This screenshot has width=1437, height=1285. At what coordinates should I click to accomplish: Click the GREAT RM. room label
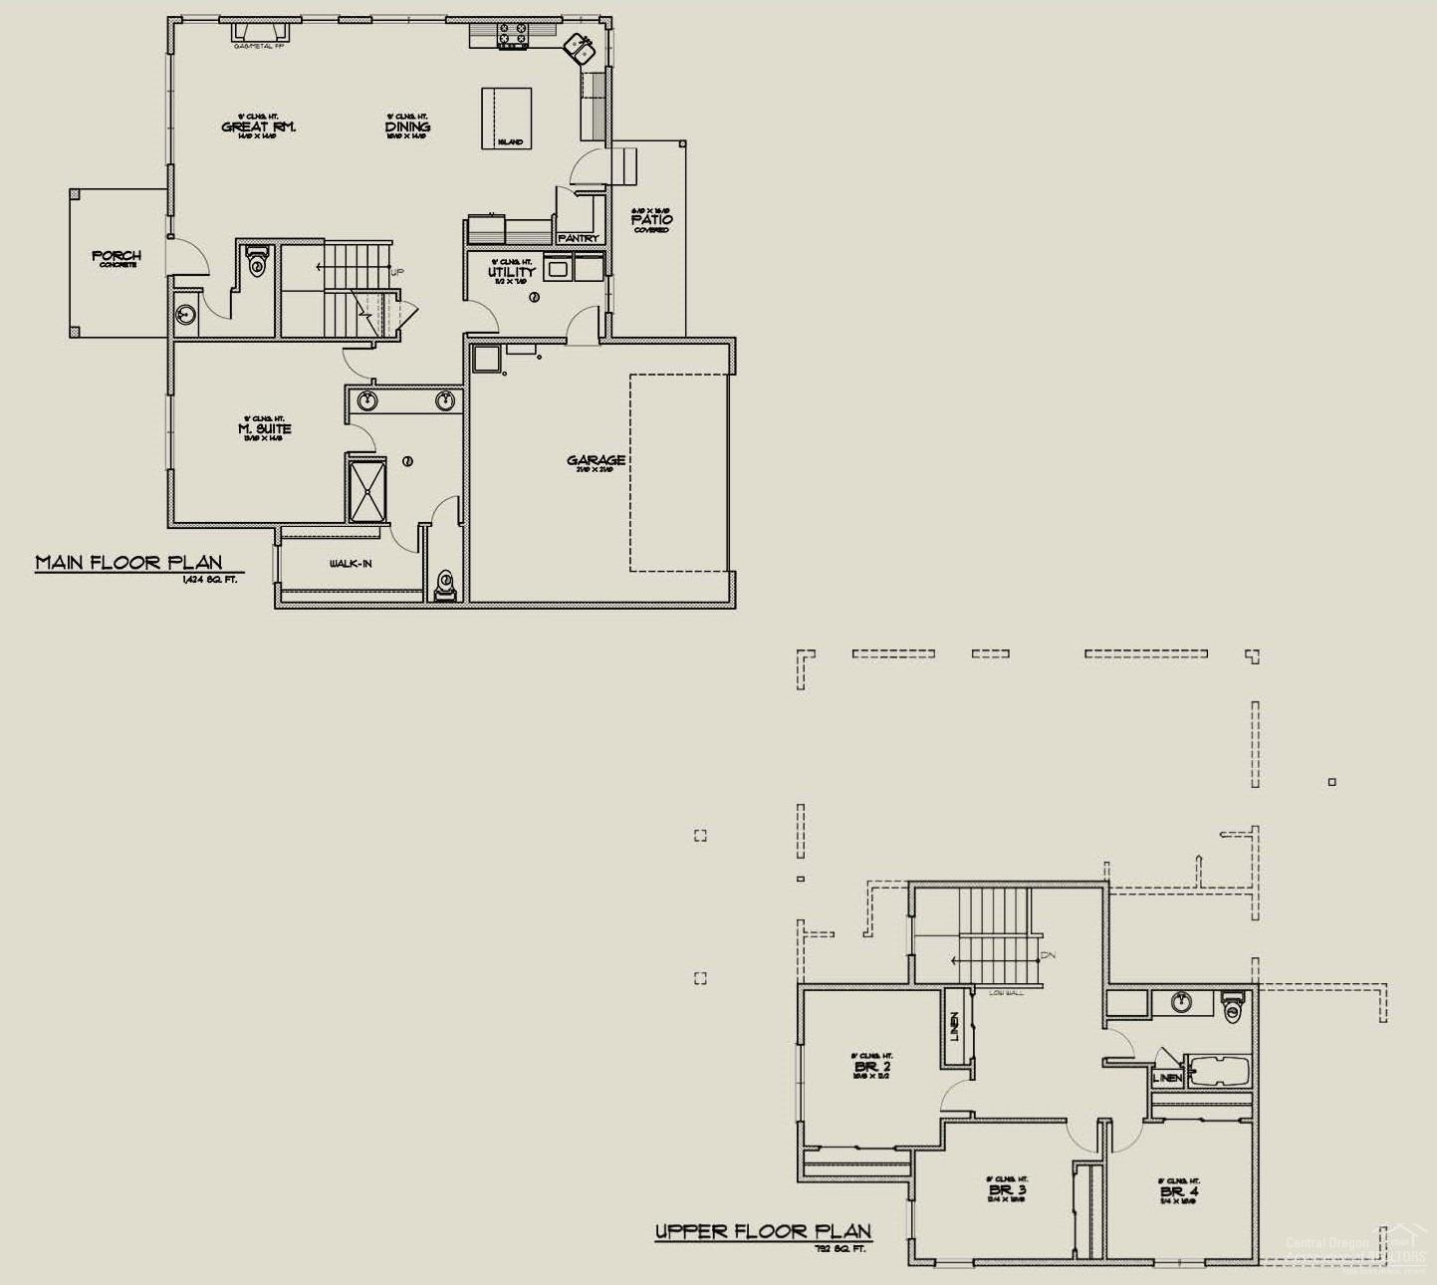259,127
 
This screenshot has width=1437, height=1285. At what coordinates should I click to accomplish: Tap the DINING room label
408,127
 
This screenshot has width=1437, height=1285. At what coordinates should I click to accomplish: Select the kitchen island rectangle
507,118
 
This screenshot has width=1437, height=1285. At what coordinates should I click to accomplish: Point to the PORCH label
117,256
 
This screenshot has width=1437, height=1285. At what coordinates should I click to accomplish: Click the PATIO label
651,219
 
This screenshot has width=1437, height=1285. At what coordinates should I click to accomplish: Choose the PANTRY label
579,238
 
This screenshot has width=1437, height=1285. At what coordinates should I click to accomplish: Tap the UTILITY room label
512,272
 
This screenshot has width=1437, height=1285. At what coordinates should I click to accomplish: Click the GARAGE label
597,460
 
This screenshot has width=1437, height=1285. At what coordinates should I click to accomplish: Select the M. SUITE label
265,429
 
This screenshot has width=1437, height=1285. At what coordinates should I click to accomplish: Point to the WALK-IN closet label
351,564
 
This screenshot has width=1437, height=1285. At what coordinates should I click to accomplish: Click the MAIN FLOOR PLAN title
128,563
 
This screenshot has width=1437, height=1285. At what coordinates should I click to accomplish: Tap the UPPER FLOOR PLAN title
763,1232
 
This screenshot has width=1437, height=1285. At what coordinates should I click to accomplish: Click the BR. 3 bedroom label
1009,1190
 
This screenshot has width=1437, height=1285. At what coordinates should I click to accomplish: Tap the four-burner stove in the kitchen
514,35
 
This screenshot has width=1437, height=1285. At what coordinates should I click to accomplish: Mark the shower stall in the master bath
365,487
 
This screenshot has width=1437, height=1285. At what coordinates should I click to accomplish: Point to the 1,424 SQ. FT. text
209,579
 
